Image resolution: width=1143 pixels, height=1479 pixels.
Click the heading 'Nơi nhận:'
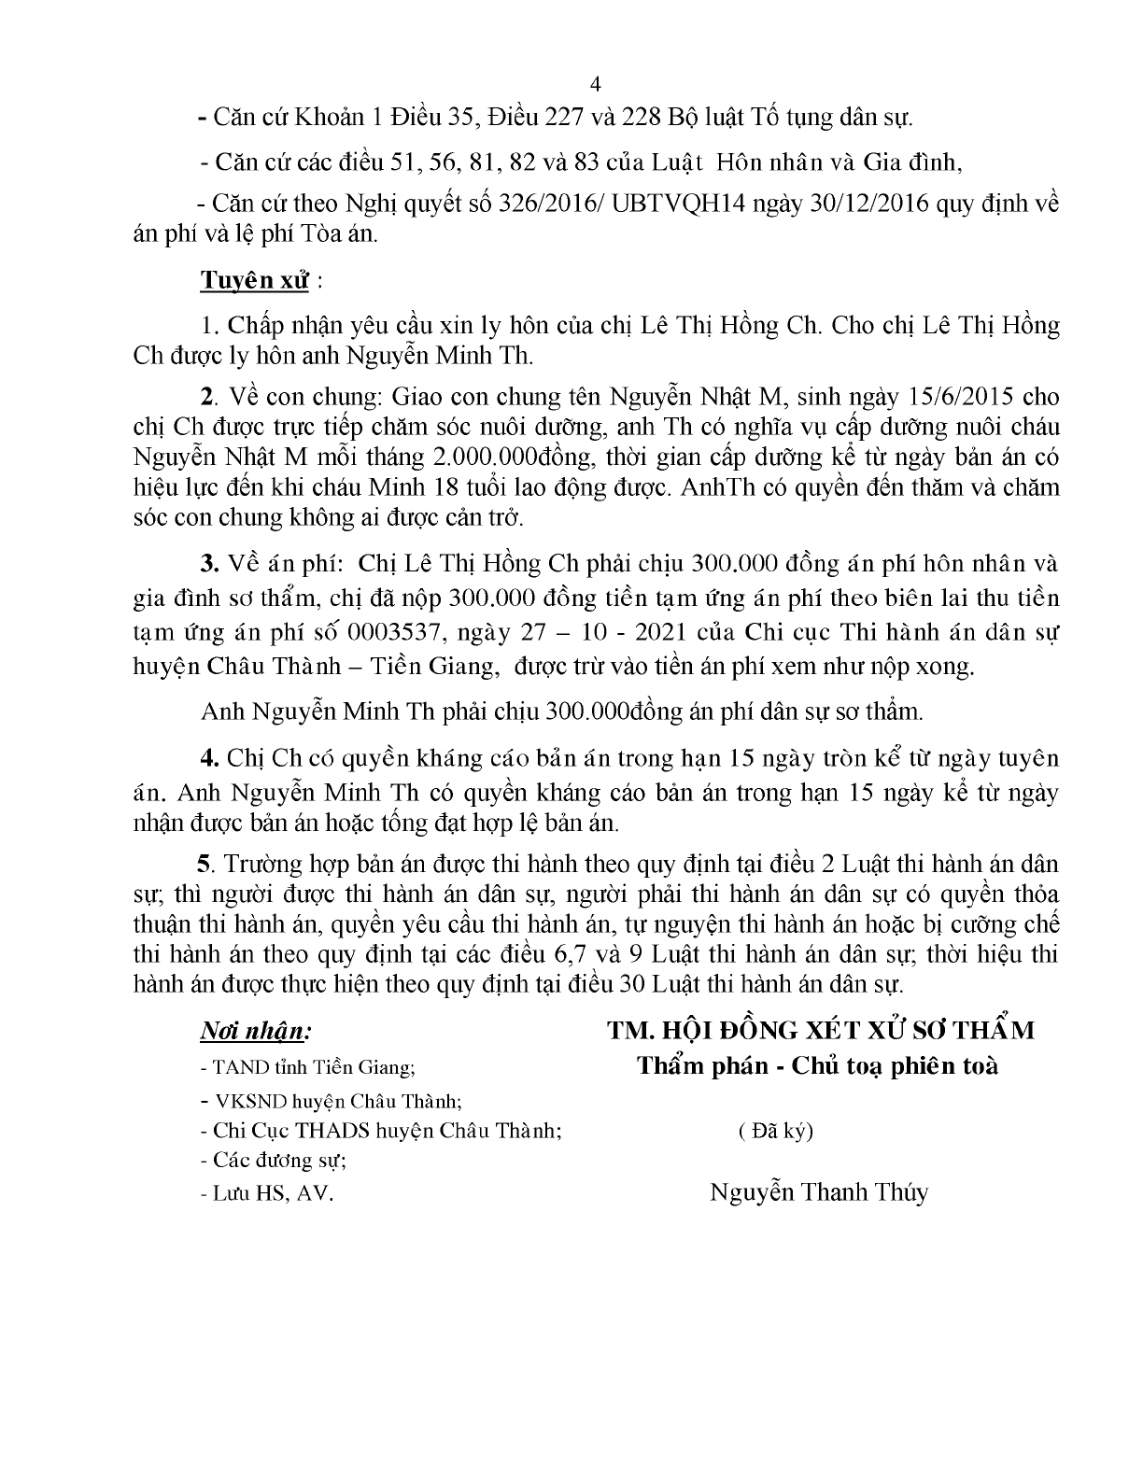(x=253, y=1031)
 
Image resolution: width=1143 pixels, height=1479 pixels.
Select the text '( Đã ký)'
(x=775, y=1131)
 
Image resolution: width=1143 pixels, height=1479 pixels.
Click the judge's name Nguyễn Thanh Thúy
(x=819, y=1192)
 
